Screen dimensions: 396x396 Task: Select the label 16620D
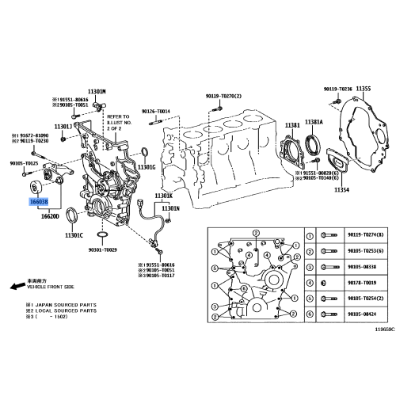(x=51, y=215)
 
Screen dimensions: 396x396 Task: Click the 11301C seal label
(x=74, y=234)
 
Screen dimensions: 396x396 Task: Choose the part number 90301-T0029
(x=101, y=249)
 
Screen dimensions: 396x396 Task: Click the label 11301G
(x=146, y=167)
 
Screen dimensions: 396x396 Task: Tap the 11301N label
(x=171, y=208)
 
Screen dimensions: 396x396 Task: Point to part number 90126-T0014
(x=156, y=112)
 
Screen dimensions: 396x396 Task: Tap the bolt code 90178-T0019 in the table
(x=363, y=282)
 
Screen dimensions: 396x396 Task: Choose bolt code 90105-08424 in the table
(x=363, y=314)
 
